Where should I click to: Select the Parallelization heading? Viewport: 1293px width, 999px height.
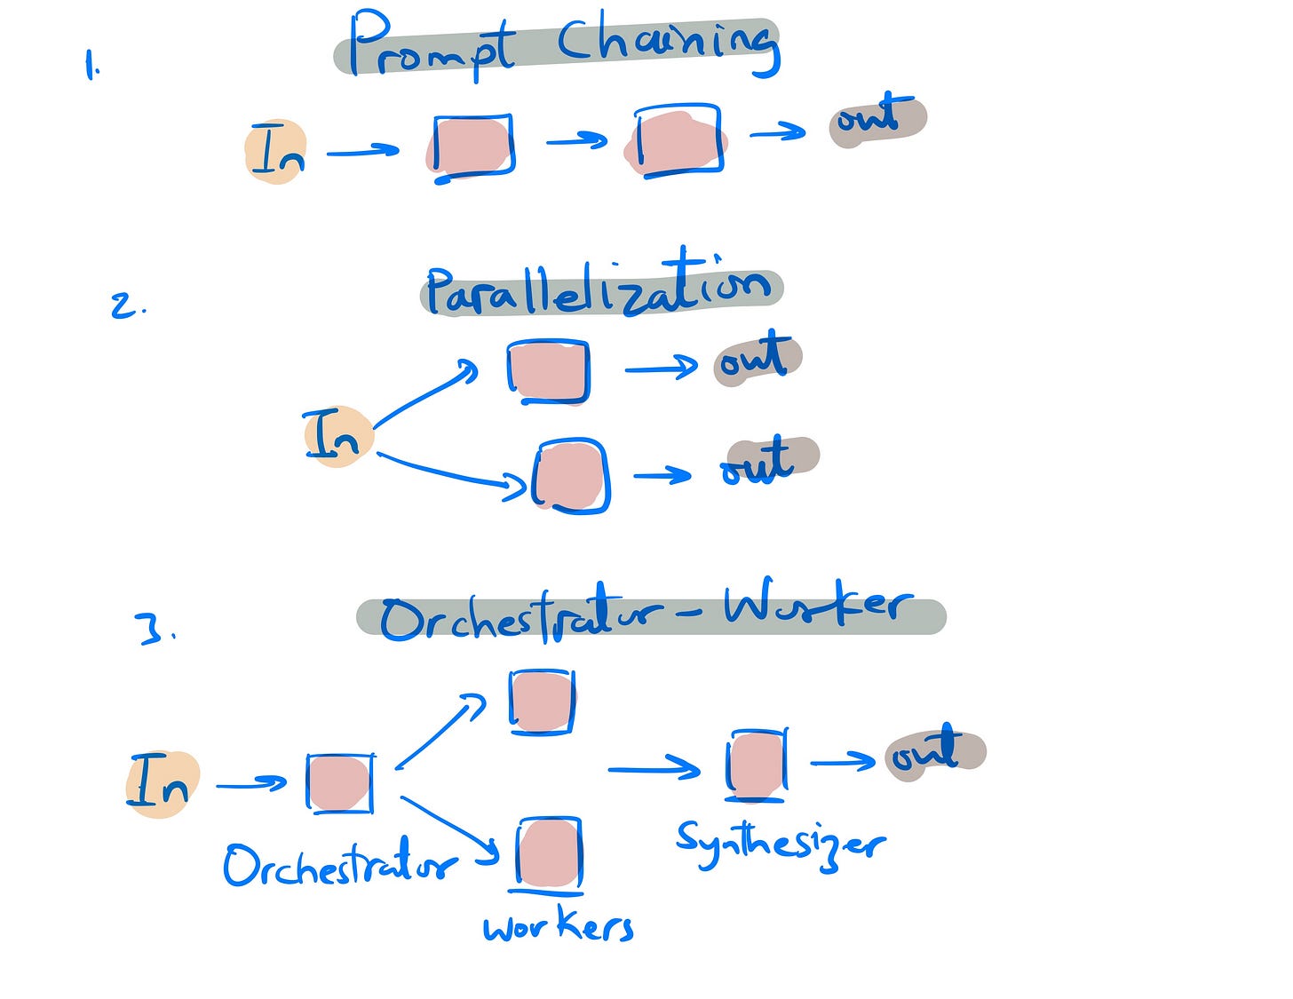pos(600,289)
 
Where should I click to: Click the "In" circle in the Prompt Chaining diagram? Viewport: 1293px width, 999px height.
pos(276,151)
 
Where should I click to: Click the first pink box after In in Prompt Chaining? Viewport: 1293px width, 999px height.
pos(472,147)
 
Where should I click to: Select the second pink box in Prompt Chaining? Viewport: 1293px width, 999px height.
pos(677,142)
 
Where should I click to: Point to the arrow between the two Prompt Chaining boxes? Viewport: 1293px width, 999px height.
pos(577,140)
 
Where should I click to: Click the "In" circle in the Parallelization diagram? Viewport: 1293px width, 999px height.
pos(336,436)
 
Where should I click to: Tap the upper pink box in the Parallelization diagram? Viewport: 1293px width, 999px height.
pos(548,370)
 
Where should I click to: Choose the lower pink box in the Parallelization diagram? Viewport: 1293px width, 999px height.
pos(571,476)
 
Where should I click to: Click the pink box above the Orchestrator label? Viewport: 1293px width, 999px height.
pos(339,783)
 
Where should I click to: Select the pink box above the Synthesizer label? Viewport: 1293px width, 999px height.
pos(757,764)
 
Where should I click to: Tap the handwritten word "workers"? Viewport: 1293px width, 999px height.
pos(559,928)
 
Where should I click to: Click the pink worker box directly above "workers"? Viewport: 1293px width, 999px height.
pos(549,852)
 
